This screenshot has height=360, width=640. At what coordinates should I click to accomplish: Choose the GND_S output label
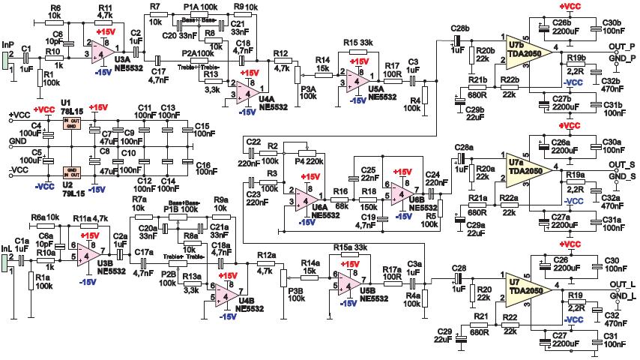(x=619, y=177)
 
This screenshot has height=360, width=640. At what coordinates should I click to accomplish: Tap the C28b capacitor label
(x=460, y=28)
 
